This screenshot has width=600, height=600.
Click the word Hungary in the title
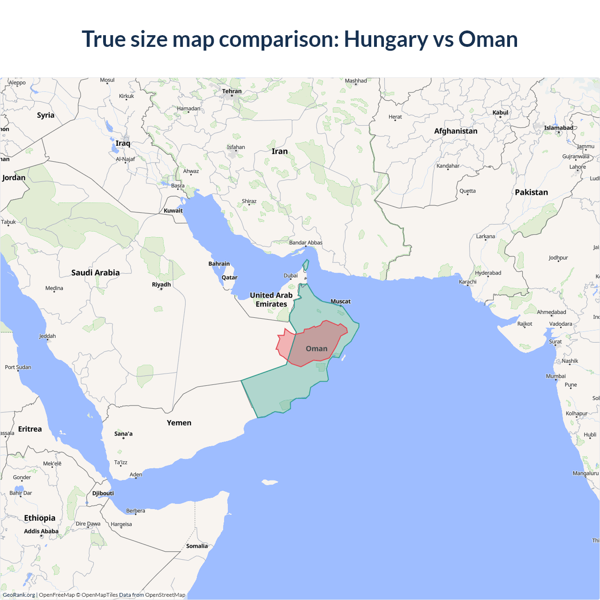click(x=385, y=39)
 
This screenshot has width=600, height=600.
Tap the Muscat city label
click(x=341, y=301)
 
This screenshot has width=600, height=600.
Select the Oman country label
click(x=316, y=349)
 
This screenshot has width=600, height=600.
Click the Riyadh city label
click(x=161, y=285)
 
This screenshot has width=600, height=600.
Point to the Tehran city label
click(x=232, y=91)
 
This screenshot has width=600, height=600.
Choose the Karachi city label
click(x=468, y=282)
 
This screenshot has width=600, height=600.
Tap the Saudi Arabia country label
click(x=95, y=273)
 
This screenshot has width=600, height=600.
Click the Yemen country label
click(x=179, y=423)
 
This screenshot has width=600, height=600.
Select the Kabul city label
click(x=500, y=112)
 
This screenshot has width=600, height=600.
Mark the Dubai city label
click(x=291, y=276)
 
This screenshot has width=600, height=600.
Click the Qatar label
click(x=230, y=277)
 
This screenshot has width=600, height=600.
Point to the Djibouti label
click(x=103, y=493)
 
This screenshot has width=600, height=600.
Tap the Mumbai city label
click(x=556, y=376)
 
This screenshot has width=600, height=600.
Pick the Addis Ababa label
click(x=41, y=531)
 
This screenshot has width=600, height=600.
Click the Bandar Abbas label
click(x=306, y=243)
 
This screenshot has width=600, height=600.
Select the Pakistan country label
click(x=531, y=192)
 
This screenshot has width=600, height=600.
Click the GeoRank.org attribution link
click(x=19, y=595)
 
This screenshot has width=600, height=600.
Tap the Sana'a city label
click(x=123, y=434)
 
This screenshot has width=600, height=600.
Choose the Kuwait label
click(x=173, y=210)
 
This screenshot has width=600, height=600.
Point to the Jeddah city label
click(x=47, y=336)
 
